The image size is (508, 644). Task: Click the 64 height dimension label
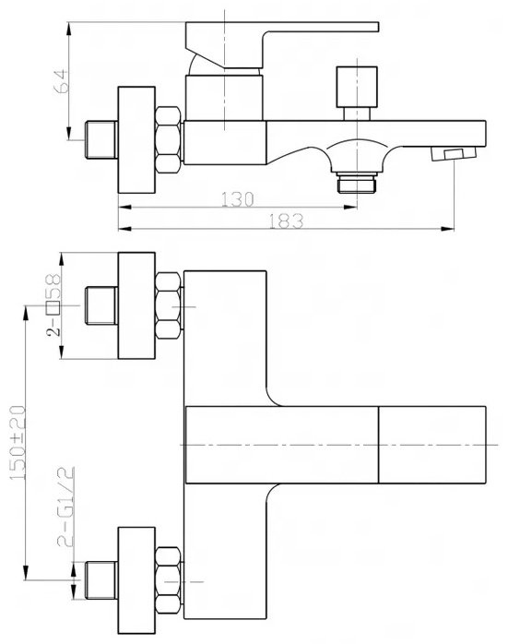click(x=61, y=81)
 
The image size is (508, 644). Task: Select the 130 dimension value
click(x=238, y=199)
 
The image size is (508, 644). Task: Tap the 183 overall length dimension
click(x=286, y=221)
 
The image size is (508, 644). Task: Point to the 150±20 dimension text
click(x=18, y=443)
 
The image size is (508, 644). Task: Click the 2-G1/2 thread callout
click(x=65, y=507)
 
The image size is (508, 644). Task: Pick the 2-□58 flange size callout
click(x=53, y=305)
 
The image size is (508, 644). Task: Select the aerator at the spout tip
click(x=453, y=154)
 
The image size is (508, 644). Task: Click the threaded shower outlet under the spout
click(x=357, y=183)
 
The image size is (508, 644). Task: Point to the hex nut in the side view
click(x=168, y=139)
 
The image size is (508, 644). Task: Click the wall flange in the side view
click(x=136, y=139)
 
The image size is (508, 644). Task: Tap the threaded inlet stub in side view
click(x=100, y=139)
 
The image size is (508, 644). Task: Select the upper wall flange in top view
click(x=136, y=305)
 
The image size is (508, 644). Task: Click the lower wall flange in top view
click(x=136, y=580)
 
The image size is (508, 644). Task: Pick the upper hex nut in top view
click(x=168, y=305)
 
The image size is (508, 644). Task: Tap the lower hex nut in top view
click(x=168, y=580)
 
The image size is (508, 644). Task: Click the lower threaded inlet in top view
click(x=100, y=580)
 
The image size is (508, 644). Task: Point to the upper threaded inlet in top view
click(x=100, y=305)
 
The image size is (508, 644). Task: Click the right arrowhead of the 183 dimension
click(x=448, y=229)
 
